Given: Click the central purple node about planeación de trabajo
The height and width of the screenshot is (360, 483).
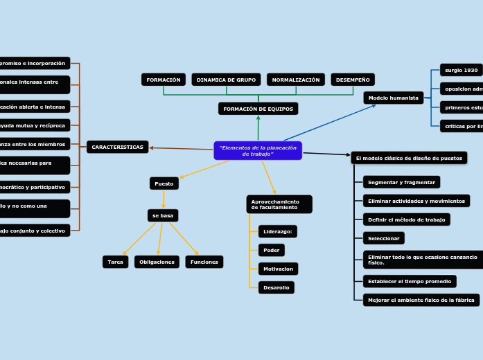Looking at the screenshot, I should coord(258,150).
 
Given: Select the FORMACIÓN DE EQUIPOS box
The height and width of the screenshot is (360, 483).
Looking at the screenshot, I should coord(258,109).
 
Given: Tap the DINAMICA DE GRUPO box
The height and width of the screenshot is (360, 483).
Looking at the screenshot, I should coord(226,80).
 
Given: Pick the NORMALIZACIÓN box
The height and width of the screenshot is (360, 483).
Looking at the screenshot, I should coord(295,80).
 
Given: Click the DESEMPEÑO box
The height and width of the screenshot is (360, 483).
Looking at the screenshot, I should coord(353,80).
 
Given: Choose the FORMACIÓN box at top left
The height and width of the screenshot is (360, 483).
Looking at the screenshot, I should coord(164,80).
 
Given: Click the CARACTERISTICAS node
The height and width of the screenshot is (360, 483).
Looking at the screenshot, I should coord(118,147).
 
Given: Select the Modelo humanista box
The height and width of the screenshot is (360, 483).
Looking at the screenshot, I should coord(393,98).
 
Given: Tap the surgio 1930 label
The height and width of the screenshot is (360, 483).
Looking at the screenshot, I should coord(461,70).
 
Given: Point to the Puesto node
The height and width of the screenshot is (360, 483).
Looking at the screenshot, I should coord(164,183).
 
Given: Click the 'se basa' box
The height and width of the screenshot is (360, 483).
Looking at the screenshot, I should coord(163,215).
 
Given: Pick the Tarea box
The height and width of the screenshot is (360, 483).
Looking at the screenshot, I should coord(116,262).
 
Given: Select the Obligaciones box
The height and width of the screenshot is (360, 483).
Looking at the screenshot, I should coord(157,262).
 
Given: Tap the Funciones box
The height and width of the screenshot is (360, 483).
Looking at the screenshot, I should coord(204,262).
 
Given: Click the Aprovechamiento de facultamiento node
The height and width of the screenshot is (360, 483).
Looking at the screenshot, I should coord(279,204).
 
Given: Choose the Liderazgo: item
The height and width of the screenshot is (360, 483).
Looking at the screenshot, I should coord(277,231).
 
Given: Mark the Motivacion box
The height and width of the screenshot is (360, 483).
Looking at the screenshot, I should coord(278,269).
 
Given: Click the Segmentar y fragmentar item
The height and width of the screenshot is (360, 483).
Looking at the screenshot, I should coord(401,182).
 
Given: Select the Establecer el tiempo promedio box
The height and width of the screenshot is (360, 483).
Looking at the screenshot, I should coord(410,281).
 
